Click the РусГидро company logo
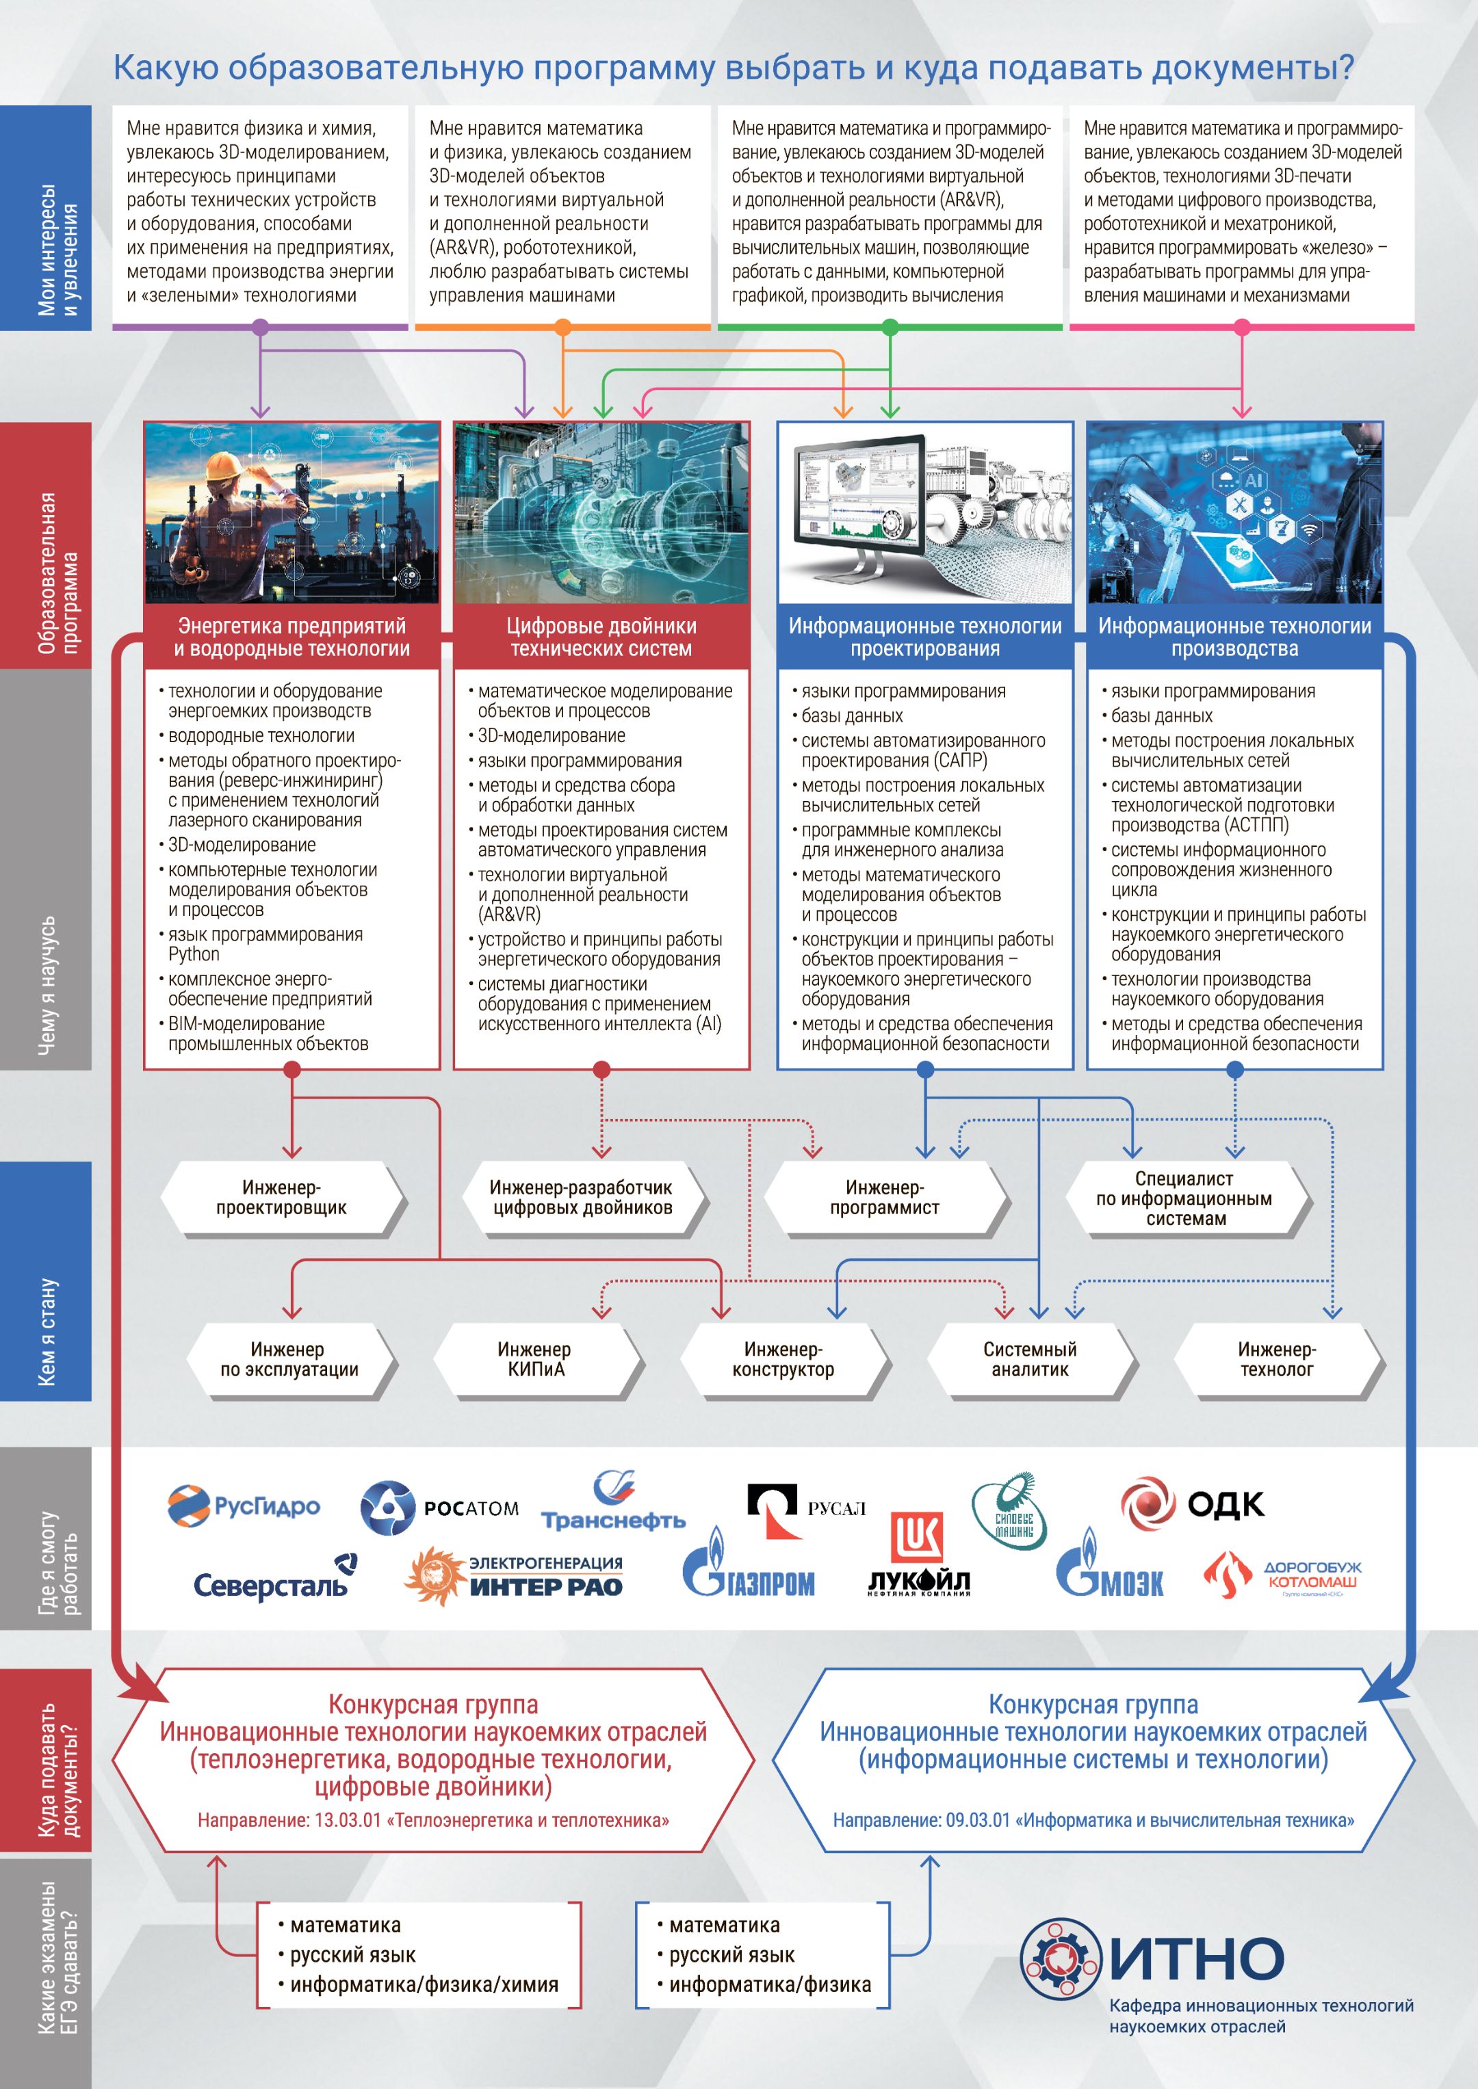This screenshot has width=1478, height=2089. point(243,1506)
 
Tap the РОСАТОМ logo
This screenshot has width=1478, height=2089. point(439,1508)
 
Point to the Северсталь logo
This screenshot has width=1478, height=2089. point(273,1583)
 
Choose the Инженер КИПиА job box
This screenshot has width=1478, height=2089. point(535,1359)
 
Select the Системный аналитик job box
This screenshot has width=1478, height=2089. point(1029,1359)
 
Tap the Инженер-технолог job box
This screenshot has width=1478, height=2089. point(1276,1359)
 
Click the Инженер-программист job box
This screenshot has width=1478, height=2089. point(883,1197)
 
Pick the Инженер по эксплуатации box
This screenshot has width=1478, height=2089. point(289,1359)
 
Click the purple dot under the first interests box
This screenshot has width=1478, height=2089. point(260,327)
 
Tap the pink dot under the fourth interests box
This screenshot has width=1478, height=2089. point(1241,327)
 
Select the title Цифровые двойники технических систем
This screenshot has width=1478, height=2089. point(601,637)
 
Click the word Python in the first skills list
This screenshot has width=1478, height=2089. point(194,954)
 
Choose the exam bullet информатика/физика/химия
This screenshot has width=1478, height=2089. point(424,1984)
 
